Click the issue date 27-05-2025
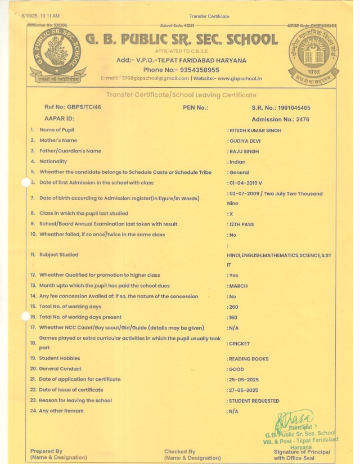click(244, 390)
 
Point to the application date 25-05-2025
click(244, 380)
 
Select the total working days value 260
click(234, 307)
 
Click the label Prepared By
click(47, 451)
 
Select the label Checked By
click(179, 451)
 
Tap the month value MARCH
click(238, 286)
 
